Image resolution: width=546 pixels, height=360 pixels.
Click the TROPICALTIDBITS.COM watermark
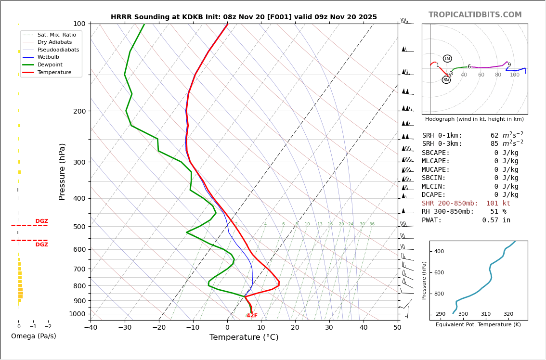pyautogui.click(x=475, y=15)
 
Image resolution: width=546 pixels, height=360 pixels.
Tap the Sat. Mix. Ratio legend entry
pyautogui.click(x=56, y=35)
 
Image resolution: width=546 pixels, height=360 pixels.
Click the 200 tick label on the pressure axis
pyautogui.click(x=79, y=111)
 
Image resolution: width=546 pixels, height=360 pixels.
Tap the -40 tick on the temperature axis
pyautogui.click(x=91, y=328)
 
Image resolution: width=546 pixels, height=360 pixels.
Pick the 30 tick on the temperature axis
pyautogui.click(x=329, y=328)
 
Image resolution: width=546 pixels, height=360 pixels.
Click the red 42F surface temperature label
pyautogui.click(x=252, y=316)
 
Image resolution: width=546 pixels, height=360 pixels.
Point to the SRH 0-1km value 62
pyautogui.click(x=494, y=136)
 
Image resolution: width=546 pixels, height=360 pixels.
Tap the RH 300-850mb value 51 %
pyautogui.click(x=498, y=212)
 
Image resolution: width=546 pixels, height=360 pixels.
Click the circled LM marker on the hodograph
pyautogui.click(x=447, y=59)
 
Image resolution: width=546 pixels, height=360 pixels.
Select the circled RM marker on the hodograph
pyautogui.click(x=446, y=80)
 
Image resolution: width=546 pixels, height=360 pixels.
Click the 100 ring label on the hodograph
pyautogui.click(x=515, y=75)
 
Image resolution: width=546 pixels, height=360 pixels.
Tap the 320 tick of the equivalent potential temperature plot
pyautogui.click(x=508, y=314)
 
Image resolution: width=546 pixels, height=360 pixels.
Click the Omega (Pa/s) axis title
pyautogui.click(x=34, y=336)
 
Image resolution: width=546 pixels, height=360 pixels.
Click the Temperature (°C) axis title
pyautogui.click(x=244, y=338)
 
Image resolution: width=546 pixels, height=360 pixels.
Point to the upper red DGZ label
pyautogui.click(x=42, y=221)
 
